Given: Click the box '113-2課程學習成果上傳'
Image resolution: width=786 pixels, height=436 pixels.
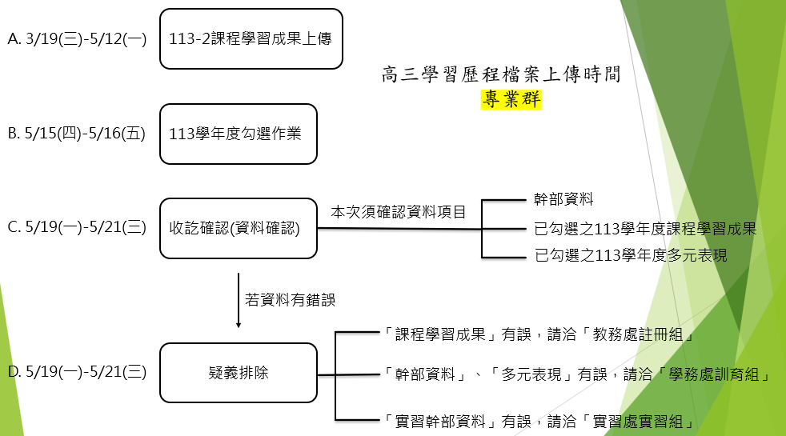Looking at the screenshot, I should click(x=251, y=38).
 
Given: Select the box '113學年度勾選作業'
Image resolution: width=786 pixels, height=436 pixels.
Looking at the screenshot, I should click(x=238, y=134).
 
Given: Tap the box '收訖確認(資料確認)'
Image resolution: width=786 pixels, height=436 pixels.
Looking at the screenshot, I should click(x=238, y=229).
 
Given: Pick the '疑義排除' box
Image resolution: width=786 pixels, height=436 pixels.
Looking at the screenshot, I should click(x=238, y=373).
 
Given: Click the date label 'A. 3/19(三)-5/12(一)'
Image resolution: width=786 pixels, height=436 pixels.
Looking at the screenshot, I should click(x=76, y=38).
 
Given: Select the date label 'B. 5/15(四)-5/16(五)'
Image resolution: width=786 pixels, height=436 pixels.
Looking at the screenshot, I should click(x=76, y=134).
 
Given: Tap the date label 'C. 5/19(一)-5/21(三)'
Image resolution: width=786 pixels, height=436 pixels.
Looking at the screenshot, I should click(x=76, y=227).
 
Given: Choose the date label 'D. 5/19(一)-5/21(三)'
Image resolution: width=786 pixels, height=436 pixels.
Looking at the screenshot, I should click(x=76, y=372).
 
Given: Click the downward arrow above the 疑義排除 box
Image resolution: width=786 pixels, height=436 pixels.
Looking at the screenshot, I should click(x=239, y=301).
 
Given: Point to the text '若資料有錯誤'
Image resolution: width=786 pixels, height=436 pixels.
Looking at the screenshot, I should click(x=290, y=300).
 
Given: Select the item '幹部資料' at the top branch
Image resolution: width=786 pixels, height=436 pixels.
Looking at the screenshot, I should click(x=564, y=199).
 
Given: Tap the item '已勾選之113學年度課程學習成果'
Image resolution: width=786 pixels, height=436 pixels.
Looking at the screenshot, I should click(x=645, y=230).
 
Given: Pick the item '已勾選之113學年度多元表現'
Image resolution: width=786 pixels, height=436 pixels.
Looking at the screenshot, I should click(x=631, y=257).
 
